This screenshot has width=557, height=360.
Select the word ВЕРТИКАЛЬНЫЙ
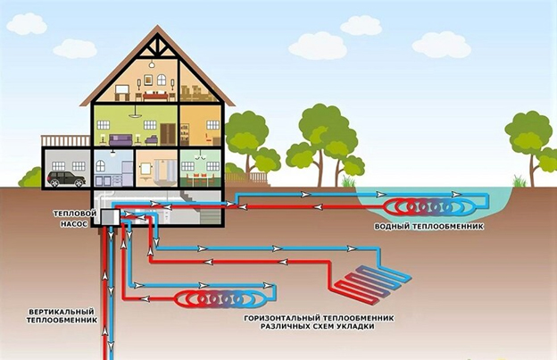pyautogui.click(x=61, y=313)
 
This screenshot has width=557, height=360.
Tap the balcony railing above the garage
pyautogui.click(x=65, y=140)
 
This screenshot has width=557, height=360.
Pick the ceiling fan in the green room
pyautogui.click(x=135, y=114)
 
